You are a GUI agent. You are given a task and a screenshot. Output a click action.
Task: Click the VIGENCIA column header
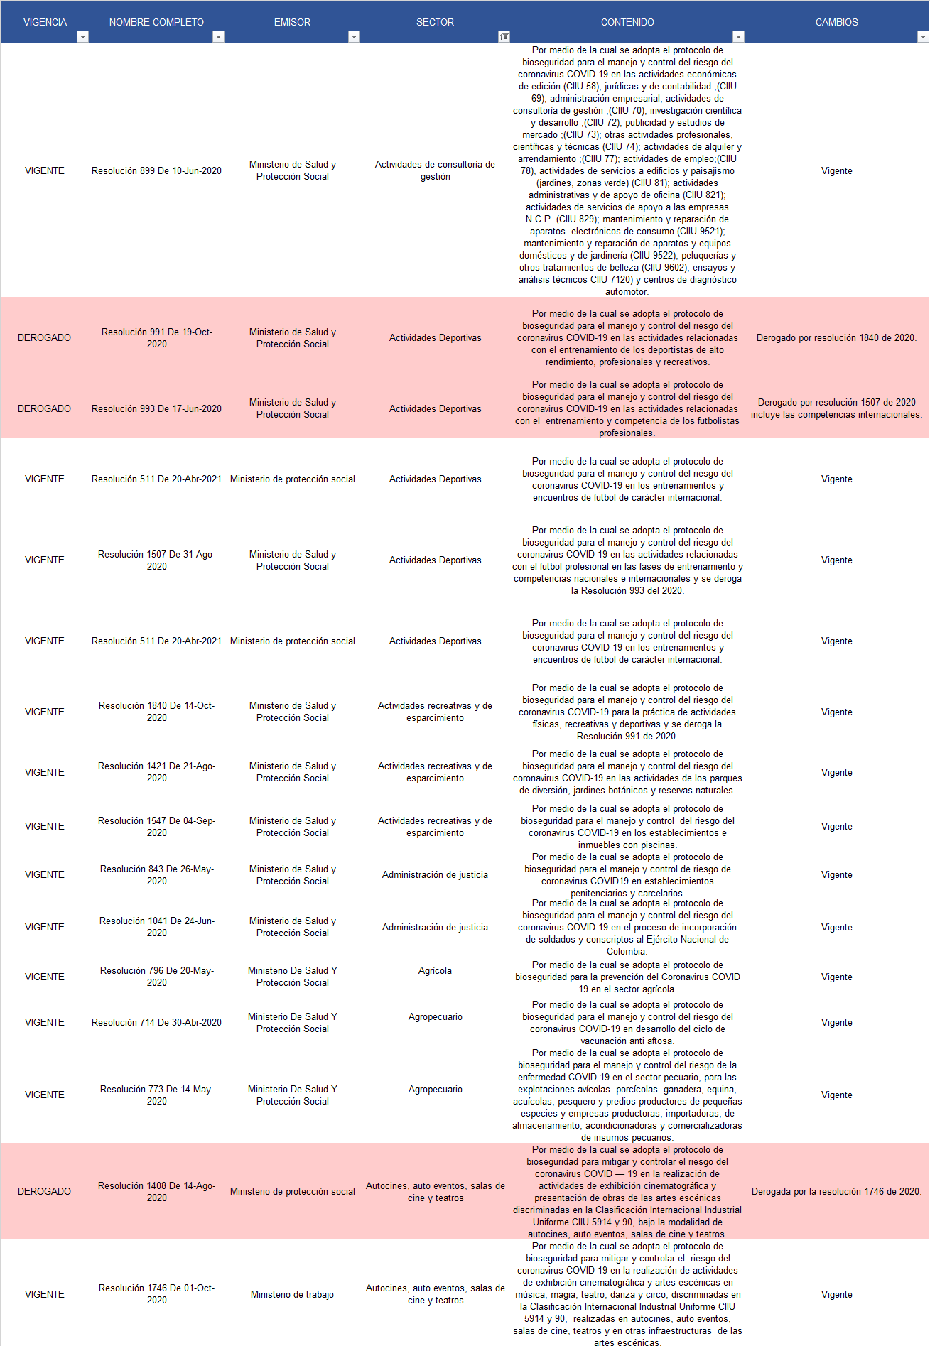pyautogui.click(x=45, y=22)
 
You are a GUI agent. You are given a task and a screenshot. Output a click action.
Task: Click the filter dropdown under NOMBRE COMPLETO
pyautogui.click(x=219, y=37)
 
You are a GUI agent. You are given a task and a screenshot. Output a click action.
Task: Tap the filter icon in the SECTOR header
pyautogui.click(x=504, y=37)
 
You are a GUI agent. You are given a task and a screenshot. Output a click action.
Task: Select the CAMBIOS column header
pyautogui.click(x=836, y=22)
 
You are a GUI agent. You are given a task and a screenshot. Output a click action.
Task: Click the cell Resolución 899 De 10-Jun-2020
pyautogui.click(x=156, y=170)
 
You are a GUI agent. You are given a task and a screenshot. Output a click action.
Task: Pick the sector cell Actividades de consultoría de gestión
pyautogui.click(x=435, y=170)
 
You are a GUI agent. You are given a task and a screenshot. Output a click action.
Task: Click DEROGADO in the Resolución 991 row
pyautogui.click(x=44, y=337)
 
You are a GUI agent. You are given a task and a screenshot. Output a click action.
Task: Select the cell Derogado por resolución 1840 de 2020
pyautogui.click(x=836, y=337)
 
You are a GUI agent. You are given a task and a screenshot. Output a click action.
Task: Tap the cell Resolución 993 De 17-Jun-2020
pyautogui.click(x=156, y=408)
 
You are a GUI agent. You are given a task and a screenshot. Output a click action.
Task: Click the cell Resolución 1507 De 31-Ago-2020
pyautogui.click(x=156, y=560)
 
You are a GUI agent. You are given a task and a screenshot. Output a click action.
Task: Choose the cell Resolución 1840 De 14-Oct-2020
pyautogui.click(x=156, y=712)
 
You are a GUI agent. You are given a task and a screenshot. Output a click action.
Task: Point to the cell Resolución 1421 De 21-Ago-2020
pyautogui.click(x=156, y=772)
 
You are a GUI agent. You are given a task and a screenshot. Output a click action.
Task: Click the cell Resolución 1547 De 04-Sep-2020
pyautogui.click(x=156, y=827)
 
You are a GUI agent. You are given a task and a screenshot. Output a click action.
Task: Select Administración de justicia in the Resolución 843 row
pyautogui.click(x=435, y=874)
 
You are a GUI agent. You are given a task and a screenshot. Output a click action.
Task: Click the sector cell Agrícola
pyautogui.click(x=435, y=970)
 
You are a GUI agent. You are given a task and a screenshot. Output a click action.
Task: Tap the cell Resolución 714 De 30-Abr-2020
pyautogui.click(x=156, y=1022)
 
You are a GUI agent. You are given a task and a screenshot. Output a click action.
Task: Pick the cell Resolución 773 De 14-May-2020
pyautogui.click(x=156, y=1095)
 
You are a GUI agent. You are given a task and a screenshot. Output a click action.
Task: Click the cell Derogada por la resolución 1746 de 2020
pyautogui.click(x=836, y=1191)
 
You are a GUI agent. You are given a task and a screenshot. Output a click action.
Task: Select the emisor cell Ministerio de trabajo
pyautogui.click(x=292, y=1294)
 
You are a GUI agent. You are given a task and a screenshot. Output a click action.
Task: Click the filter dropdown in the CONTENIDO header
pyautogui.click(x=738, y=37)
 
